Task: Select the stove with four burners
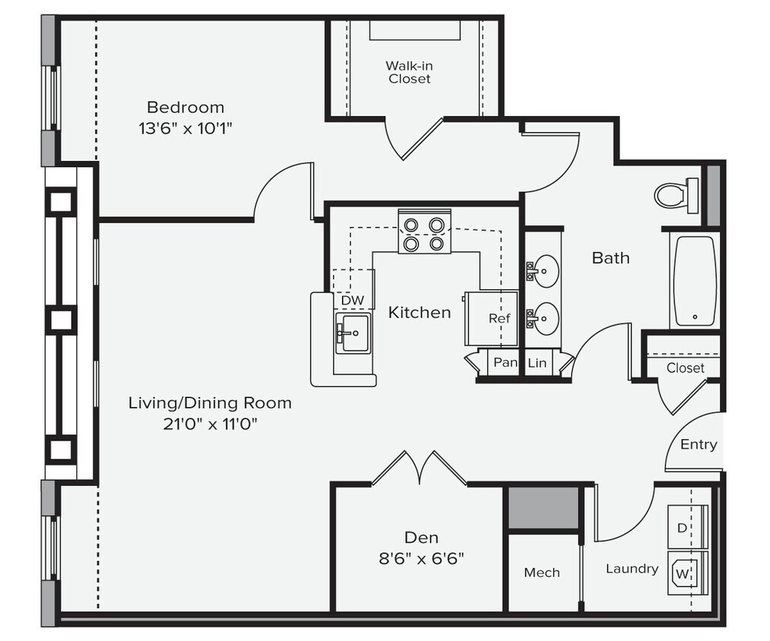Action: click(424, 234)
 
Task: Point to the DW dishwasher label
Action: click(352, 301)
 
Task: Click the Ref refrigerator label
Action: click(499, 318)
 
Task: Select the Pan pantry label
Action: click(505, 363)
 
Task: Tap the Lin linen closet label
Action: click(537, 363)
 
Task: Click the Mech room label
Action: click(542, 573)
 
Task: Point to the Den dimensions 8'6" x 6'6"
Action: click(421, 560)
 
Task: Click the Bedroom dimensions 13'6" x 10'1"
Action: click(185, 128)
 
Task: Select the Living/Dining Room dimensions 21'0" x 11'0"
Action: click(209, 425)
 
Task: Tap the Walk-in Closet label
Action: click(409, 72)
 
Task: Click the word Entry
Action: click(698, 444)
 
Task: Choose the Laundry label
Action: click(632, 568)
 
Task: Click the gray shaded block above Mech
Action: click(542, 508)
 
